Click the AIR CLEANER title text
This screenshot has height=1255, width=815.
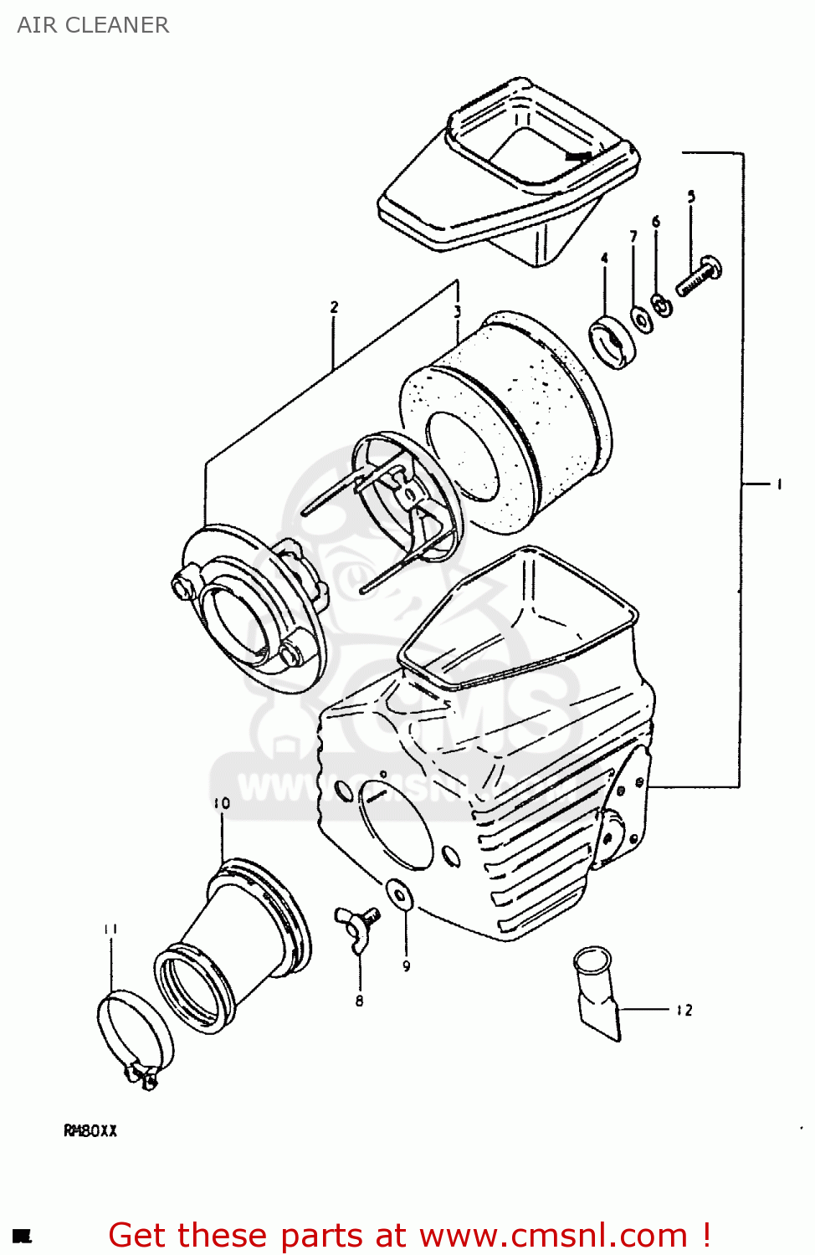pyautogui.click(x=93, y=25)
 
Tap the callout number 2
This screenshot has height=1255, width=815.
pyautogui.click(x=334, y=307)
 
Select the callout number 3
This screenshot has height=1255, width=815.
pyautogui.click(x=458, y=312)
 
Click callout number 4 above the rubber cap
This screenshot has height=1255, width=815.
pyautogui.click(x=604, y=259)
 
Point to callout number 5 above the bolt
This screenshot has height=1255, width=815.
pyautogui.click(x=691, y=197)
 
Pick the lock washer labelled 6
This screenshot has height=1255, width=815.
pyautogui.click(x=662, y=306)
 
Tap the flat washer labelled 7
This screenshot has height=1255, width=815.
pyautogui.click(x=640, y=319)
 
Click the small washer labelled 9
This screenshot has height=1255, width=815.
pyautogui.click(x=400, y=894)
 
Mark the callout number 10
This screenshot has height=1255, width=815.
pyautogui.click(x=222, y=803)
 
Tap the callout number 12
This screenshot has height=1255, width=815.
pyautogui.click(x=684, y=1011)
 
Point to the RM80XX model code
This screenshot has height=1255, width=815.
pyautogui.click(x=90, y=1131)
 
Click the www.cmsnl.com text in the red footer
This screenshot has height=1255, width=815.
pyautogui.click(x=553, y=1235)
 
